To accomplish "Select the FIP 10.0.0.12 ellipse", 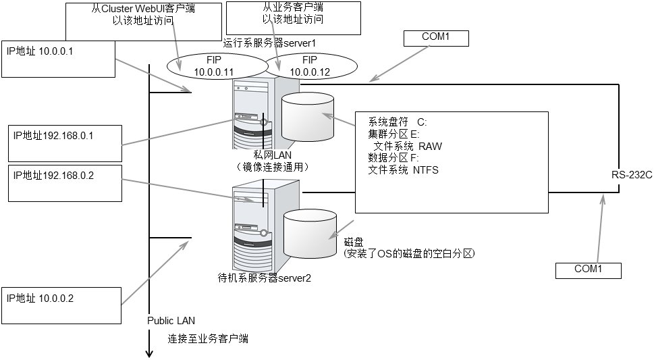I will (309, 66).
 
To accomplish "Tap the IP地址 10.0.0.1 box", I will (57, 58).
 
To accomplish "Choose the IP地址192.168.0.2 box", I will (65, 182).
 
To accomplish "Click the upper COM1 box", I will (435, 37).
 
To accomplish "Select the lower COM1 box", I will (587, 269).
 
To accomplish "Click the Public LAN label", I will (171, 321).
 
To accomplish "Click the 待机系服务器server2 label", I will (265, 278).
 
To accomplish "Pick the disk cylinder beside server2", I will (310, 233).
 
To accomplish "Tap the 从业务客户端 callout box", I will (294, 17).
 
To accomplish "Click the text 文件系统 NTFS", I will (403, 170).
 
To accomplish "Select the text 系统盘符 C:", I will (398, 122).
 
